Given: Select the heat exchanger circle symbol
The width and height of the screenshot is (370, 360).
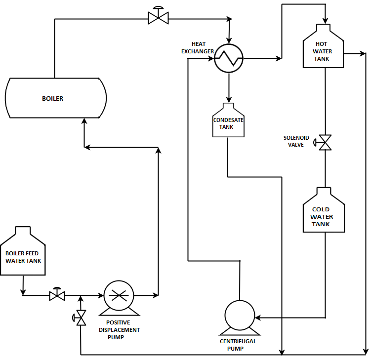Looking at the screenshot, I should point(229,59).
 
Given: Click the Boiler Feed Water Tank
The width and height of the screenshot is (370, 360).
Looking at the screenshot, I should point(23,254).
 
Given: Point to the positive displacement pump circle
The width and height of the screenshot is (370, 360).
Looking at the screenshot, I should point(119,296).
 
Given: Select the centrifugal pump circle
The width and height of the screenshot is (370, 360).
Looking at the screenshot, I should point(240,315).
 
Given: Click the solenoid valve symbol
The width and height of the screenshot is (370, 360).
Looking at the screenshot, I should point(325,142).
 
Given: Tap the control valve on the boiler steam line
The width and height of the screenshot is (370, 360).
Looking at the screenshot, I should point(158,18).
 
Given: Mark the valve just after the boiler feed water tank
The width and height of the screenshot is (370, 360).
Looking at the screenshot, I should point(57,295).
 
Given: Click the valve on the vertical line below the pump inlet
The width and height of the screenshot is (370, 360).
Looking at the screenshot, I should point(81,317).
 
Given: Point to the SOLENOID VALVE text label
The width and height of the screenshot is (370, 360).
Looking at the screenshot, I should point(296,141).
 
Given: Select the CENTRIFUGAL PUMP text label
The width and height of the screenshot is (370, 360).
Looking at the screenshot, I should point(238,345).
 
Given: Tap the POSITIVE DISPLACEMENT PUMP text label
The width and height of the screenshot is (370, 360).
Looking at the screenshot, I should point(119,330).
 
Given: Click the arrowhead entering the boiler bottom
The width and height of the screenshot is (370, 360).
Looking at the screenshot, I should point(84,121).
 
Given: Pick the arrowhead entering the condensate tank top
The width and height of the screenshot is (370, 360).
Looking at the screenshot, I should point(229,100).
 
